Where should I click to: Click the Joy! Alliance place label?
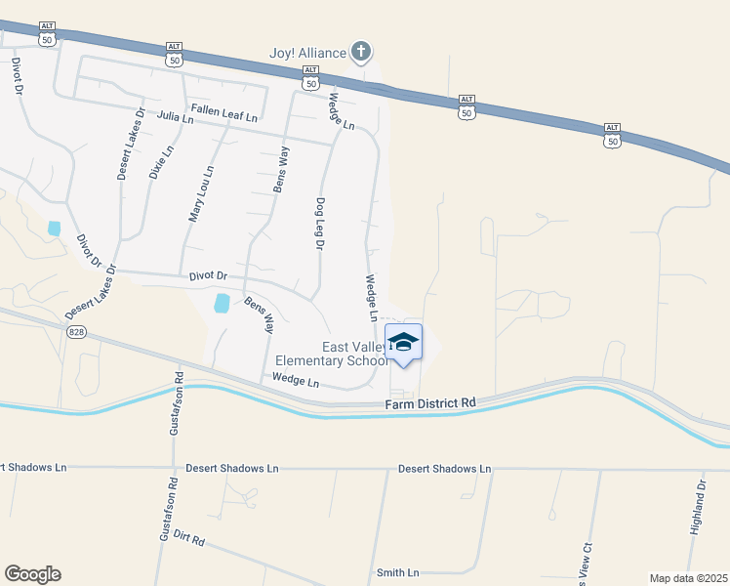(308, 51)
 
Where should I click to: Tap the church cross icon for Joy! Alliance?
(361, 51)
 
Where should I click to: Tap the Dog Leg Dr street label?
(319, 225)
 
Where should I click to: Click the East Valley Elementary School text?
(354, 354)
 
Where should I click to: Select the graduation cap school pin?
(404, 343)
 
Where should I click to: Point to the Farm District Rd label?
(429, 402)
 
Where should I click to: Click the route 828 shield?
(76, 332)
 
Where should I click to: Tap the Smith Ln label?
(397, 572)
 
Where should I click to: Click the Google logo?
(32, 574)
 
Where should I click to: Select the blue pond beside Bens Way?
(223, 303)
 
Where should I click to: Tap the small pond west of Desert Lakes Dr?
(54, 229)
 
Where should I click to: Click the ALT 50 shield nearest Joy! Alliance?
(311, 76)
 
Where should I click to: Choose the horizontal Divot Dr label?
(208, 276)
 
